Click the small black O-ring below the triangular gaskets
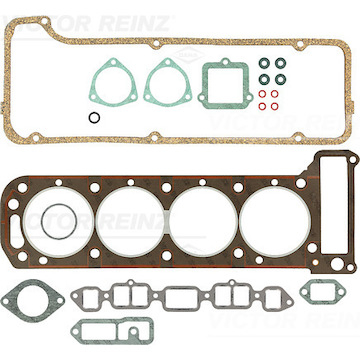pos(89,117)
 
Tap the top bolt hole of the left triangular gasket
pos(114,62)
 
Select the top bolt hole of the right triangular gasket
pos(168,62)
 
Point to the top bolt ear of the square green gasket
pos(226,62)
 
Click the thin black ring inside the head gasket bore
pos(42,222)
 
